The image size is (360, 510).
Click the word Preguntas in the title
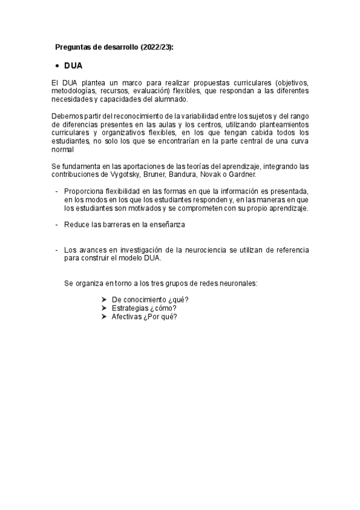[72, 47]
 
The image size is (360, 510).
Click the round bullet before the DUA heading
[56, 66]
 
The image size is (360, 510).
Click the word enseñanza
[166, 224]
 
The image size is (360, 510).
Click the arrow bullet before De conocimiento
[104, 300]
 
